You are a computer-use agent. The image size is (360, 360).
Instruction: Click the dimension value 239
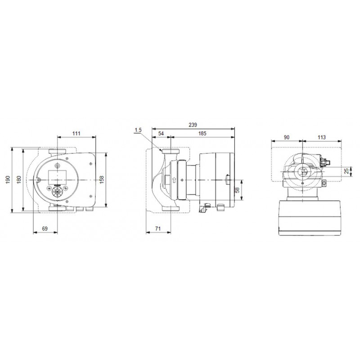point(193,125)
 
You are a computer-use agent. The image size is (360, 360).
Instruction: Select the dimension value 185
point(202,133)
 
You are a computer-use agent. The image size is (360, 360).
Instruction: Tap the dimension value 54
point(161,133)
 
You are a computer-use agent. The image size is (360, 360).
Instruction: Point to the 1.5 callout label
point(138,130)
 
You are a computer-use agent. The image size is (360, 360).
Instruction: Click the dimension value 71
point(158,229)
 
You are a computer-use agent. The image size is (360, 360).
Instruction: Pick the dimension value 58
point(238,190)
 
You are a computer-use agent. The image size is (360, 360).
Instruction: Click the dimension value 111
point(76,133)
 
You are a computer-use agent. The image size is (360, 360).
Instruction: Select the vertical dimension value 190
point(8,180)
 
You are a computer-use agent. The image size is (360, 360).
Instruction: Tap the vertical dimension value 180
point(19,180)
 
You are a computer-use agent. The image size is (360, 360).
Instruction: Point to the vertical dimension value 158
point(102,180)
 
